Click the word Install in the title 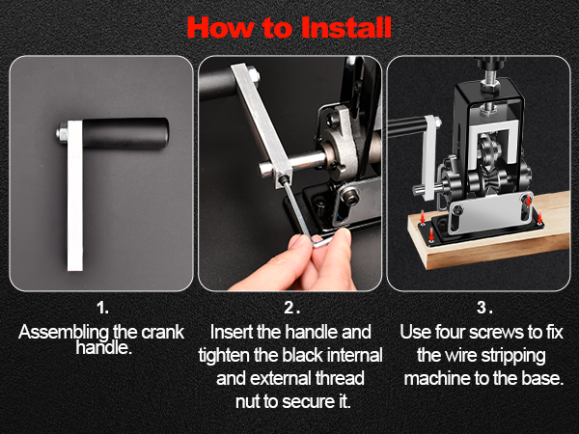tap(331, 26)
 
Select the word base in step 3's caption tap(539, 376)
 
